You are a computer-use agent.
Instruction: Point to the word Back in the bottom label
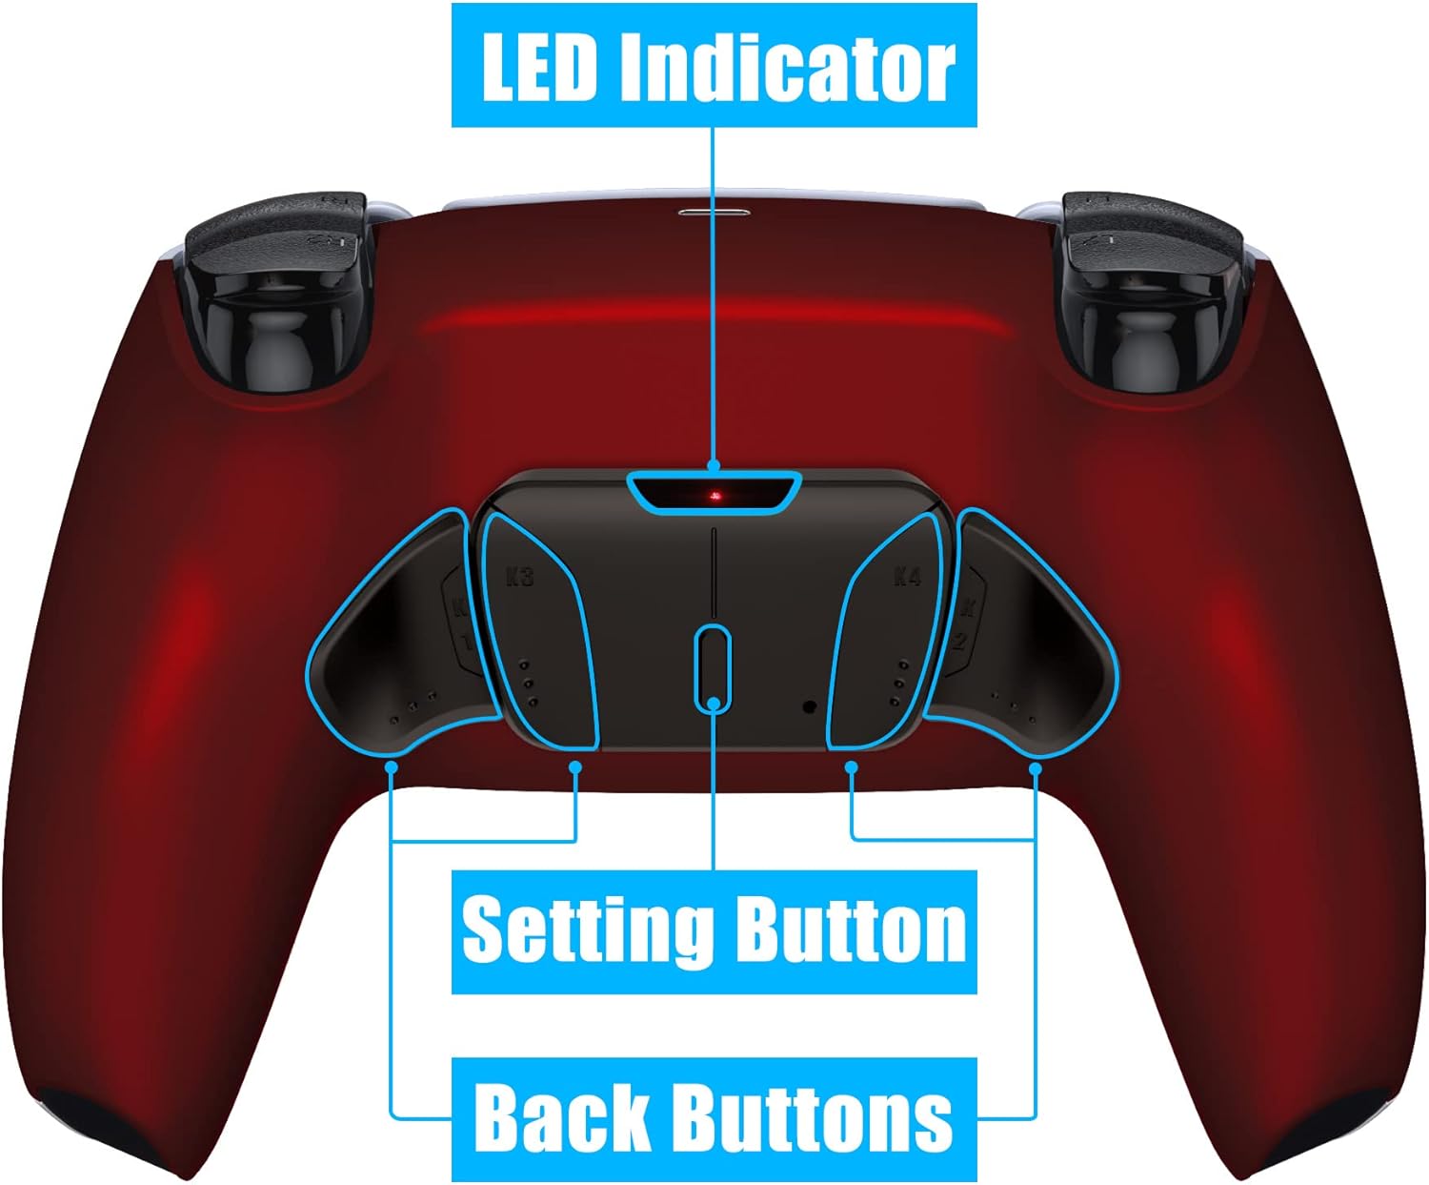[561, 1114]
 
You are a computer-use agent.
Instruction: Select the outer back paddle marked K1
[404, 637]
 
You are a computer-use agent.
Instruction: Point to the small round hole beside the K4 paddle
[810, 706]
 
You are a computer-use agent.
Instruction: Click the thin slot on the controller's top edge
[714, 213]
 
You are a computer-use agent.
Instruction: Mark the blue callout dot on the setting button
[714, 702]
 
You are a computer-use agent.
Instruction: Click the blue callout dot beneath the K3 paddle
[575, 767]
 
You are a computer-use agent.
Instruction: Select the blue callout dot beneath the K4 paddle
[852, 767]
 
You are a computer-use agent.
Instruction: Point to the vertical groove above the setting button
[714, 572]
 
